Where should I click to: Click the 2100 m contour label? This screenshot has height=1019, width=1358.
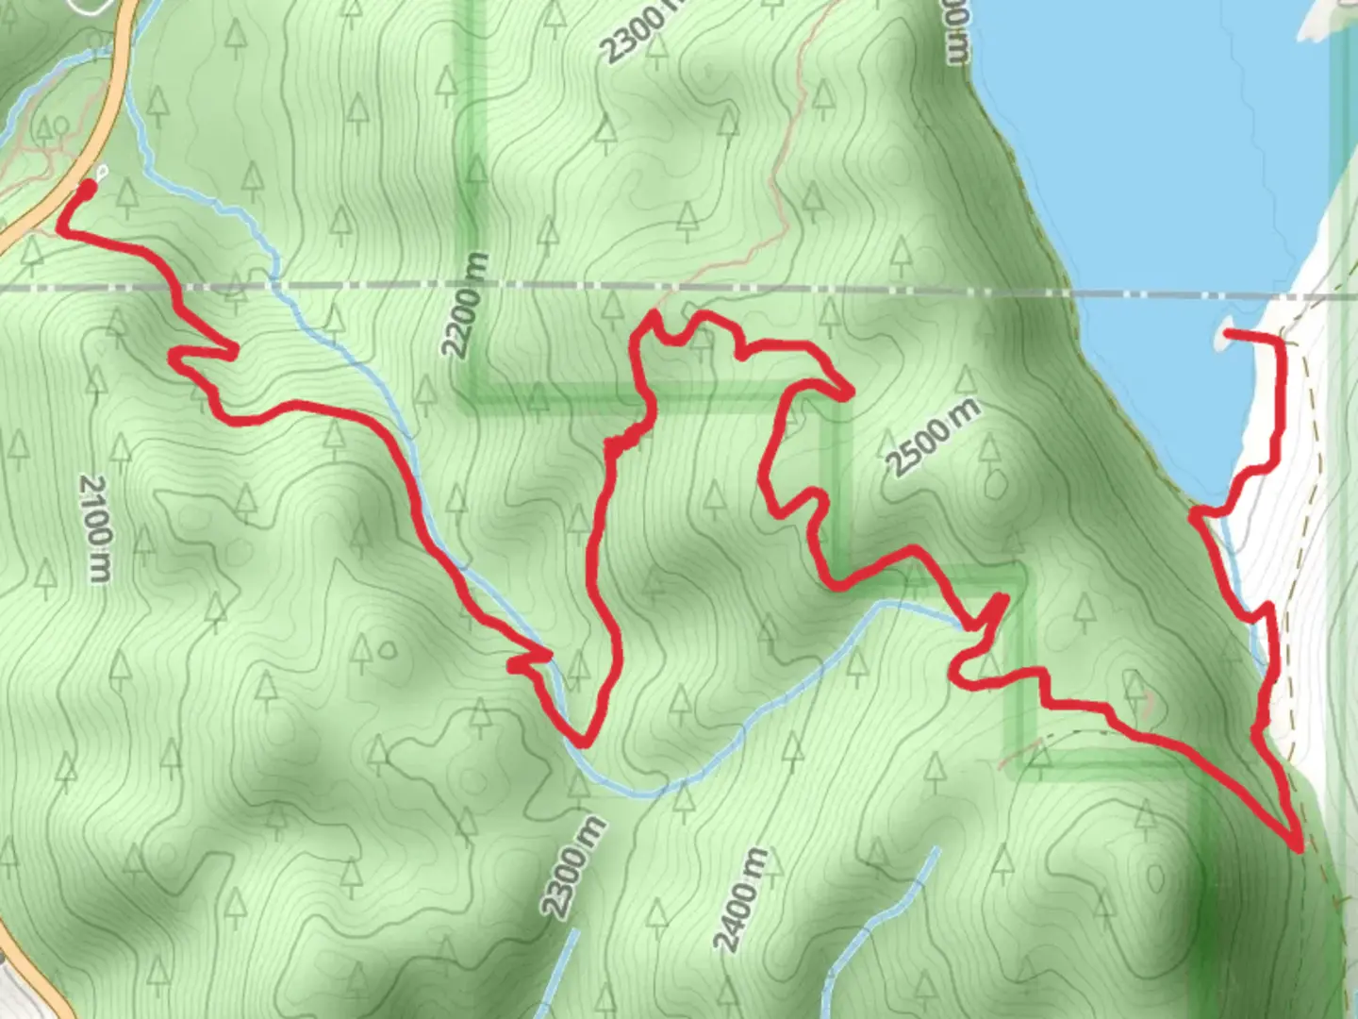point(94,527)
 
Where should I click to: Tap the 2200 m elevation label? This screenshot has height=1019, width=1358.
point(467,305)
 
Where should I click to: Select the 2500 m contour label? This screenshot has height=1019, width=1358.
point(933,437)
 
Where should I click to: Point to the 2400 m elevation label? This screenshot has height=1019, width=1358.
point(740,899)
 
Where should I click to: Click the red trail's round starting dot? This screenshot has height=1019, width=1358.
point(86,190)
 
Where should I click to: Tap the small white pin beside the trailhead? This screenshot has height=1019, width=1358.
point(101,172)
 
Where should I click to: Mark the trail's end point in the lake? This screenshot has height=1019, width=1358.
point(1229,333)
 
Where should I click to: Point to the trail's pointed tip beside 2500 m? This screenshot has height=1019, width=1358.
point(848,392)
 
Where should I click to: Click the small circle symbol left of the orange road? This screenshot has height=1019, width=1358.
point(61,125)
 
